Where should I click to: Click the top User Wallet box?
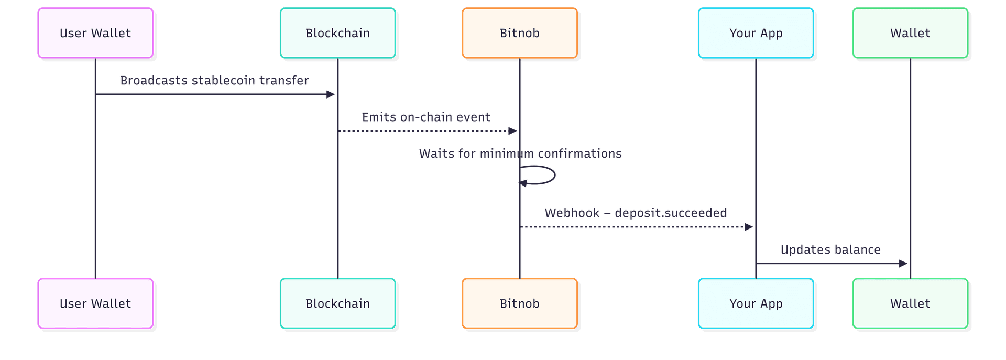click(95, 33)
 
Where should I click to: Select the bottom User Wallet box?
click(95, 303)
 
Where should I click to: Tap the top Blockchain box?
click(337, 33)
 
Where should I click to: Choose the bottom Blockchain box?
click(337, 303)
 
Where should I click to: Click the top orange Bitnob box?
click(519, 33)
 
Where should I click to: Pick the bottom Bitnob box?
click(519, 303)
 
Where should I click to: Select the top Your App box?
click(756, 33)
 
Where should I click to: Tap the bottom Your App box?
click(756, 303)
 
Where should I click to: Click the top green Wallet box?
click(910, 33)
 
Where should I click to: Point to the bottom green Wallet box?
click(910, 303)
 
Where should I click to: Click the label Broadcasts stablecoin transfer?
click(214, 80)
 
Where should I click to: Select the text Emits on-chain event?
click(426, 117)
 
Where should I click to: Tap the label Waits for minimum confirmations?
click(520, 154)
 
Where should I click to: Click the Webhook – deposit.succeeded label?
click(635, 213)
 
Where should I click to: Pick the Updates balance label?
click(830, 249)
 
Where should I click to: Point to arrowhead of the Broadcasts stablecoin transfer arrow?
click(331, 94)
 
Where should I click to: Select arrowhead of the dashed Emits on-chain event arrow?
click(512, 131)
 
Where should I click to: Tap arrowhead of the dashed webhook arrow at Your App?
click(749, 227)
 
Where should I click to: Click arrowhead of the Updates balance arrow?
click(903, 264)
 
